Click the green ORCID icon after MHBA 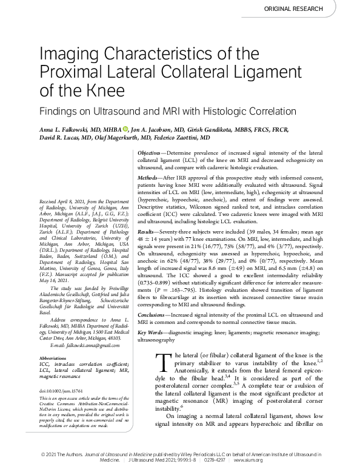coord(125,129)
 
